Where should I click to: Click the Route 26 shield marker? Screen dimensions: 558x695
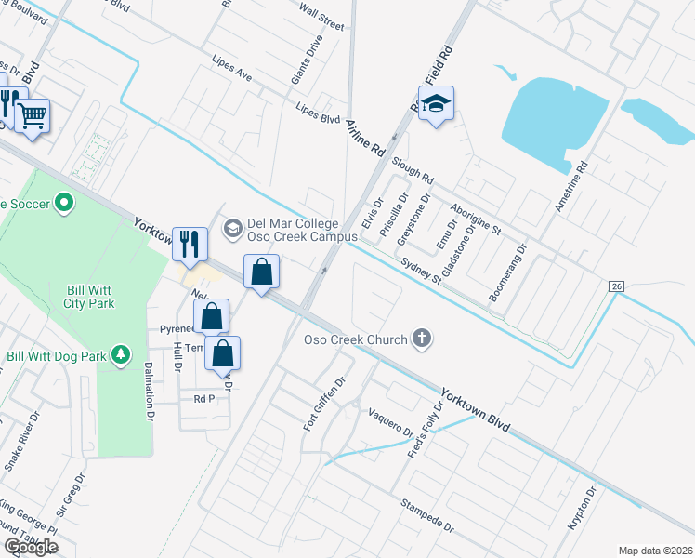(616, 287)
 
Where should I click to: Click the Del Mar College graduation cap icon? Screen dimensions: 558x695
(232, 228)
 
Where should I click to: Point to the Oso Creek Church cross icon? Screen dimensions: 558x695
(423, 339)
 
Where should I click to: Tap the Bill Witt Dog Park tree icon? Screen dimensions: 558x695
(120, 354)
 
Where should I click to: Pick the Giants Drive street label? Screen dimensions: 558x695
(307, 60)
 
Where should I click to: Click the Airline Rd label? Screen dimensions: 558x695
(364, 137)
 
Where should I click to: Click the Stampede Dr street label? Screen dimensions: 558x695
(427, 516)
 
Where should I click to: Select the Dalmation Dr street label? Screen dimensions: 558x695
(148, 392)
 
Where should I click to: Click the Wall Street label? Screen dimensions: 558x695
(321, 18)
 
